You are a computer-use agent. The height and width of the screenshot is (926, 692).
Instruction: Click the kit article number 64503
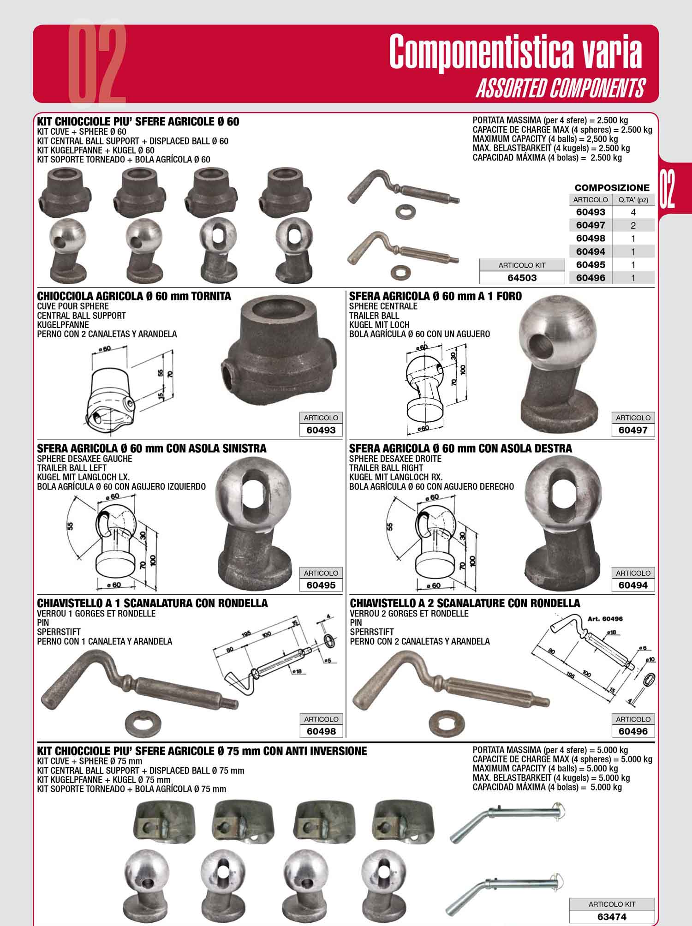point(522,278)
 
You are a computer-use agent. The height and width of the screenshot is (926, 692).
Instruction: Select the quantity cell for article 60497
point(633,225)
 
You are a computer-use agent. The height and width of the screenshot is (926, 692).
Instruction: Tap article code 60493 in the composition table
point(591,212)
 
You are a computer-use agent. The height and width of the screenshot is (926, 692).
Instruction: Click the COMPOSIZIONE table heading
point(612,188)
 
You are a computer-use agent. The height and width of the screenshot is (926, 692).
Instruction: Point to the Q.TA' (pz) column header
point(633,200)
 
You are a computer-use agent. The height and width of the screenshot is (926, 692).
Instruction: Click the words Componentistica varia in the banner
point(515,52)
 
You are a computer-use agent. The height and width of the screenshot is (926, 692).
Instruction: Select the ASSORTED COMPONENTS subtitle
point(560,89)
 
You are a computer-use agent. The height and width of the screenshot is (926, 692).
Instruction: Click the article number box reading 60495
point(321,585)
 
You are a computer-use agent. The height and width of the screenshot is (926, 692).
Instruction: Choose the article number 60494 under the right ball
point(633,585)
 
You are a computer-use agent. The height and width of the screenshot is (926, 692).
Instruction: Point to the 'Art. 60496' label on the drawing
point(605,619)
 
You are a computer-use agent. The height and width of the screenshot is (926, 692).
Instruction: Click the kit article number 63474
point(612,917)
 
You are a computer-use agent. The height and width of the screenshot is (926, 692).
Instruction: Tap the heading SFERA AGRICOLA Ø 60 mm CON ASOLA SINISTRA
point(152,448)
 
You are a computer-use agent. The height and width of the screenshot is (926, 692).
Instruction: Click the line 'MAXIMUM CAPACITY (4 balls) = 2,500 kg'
point(545,139)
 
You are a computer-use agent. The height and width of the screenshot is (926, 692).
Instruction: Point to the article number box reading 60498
point(321,731)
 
